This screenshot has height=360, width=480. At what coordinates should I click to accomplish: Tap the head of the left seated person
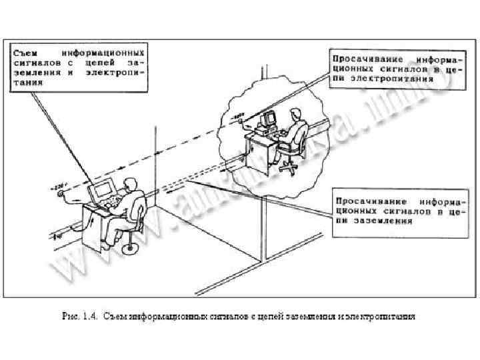131,183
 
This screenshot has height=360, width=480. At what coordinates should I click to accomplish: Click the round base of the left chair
131,248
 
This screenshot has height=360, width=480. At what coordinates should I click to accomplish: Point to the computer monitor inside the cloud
269,119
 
